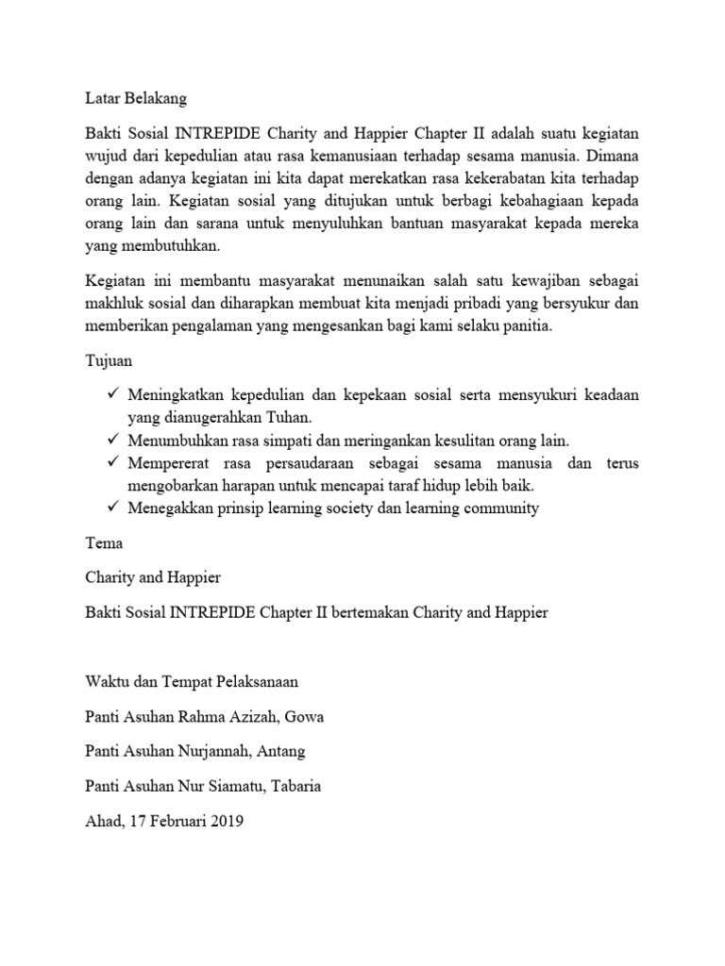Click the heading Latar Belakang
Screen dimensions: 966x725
[x=136, y=98]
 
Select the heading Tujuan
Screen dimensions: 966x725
[x=110, y=361]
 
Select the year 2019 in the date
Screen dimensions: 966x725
[x=227, y=822]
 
